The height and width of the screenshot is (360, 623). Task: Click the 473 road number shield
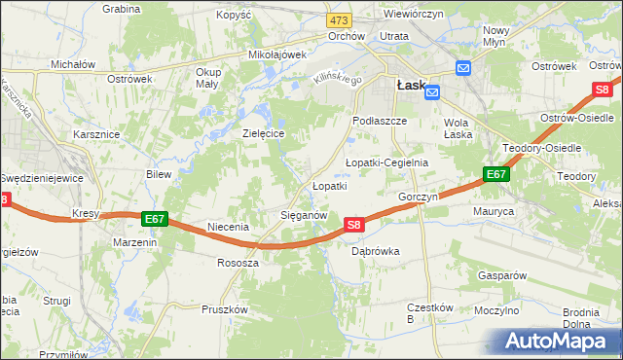point(339,19)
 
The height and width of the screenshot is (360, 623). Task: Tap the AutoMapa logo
point(559,342)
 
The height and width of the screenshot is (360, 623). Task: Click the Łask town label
point(410,86)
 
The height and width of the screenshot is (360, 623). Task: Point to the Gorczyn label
point(419,197)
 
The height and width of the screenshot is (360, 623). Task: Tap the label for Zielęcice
point(263,133)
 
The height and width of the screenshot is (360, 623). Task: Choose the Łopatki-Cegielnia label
point(386,162)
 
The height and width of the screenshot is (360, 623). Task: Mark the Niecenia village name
point(228,227)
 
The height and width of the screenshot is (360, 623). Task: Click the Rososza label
point(238,263)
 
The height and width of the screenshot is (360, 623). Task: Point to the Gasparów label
point(502,275)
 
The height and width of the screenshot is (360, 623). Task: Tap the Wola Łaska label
point(458,128)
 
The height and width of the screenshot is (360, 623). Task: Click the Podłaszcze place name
point(377,121)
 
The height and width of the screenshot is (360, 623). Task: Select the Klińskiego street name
point(336,78)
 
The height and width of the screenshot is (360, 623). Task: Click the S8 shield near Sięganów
point(354,225)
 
